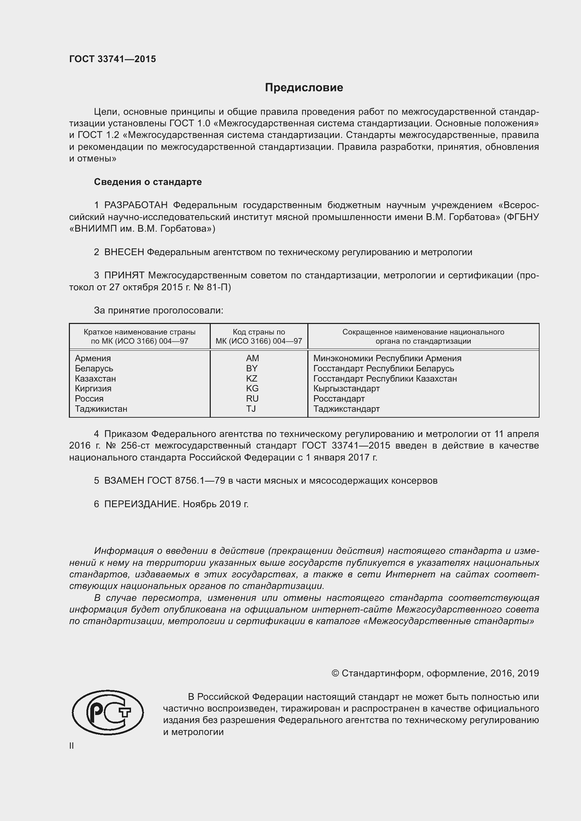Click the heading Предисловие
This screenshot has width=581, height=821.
pos(304,88)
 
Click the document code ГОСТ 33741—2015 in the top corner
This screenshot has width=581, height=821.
pos(112,59)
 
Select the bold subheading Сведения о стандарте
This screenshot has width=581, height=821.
pos(148,182)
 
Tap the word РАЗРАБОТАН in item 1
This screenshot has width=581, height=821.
pos(136,205)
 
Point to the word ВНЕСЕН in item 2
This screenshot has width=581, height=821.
pos(124,252)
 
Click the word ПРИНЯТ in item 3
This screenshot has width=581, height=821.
pos(124,275)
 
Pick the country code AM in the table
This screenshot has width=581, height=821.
pos(253,358)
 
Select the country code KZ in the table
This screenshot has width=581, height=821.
pos(252,378)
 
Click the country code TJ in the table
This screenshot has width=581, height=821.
pos(251,409)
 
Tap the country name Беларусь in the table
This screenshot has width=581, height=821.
pos(94,368)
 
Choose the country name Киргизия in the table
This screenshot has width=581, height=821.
pos(93,388)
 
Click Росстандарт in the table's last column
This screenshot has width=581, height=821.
pos(339,399)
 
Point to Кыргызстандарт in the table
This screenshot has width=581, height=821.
pos(346,388)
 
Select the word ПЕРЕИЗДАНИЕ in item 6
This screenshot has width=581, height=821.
pos(141,504)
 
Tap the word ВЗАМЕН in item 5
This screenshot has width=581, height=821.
pos(124,481)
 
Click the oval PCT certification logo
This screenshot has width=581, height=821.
pos(108,713)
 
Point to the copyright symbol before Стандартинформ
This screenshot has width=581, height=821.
pos(335,673)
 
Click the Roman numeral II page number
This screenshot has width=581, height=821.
pos(72,746)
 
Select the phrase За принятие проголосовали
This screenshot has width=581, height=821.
pos(158,310)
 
